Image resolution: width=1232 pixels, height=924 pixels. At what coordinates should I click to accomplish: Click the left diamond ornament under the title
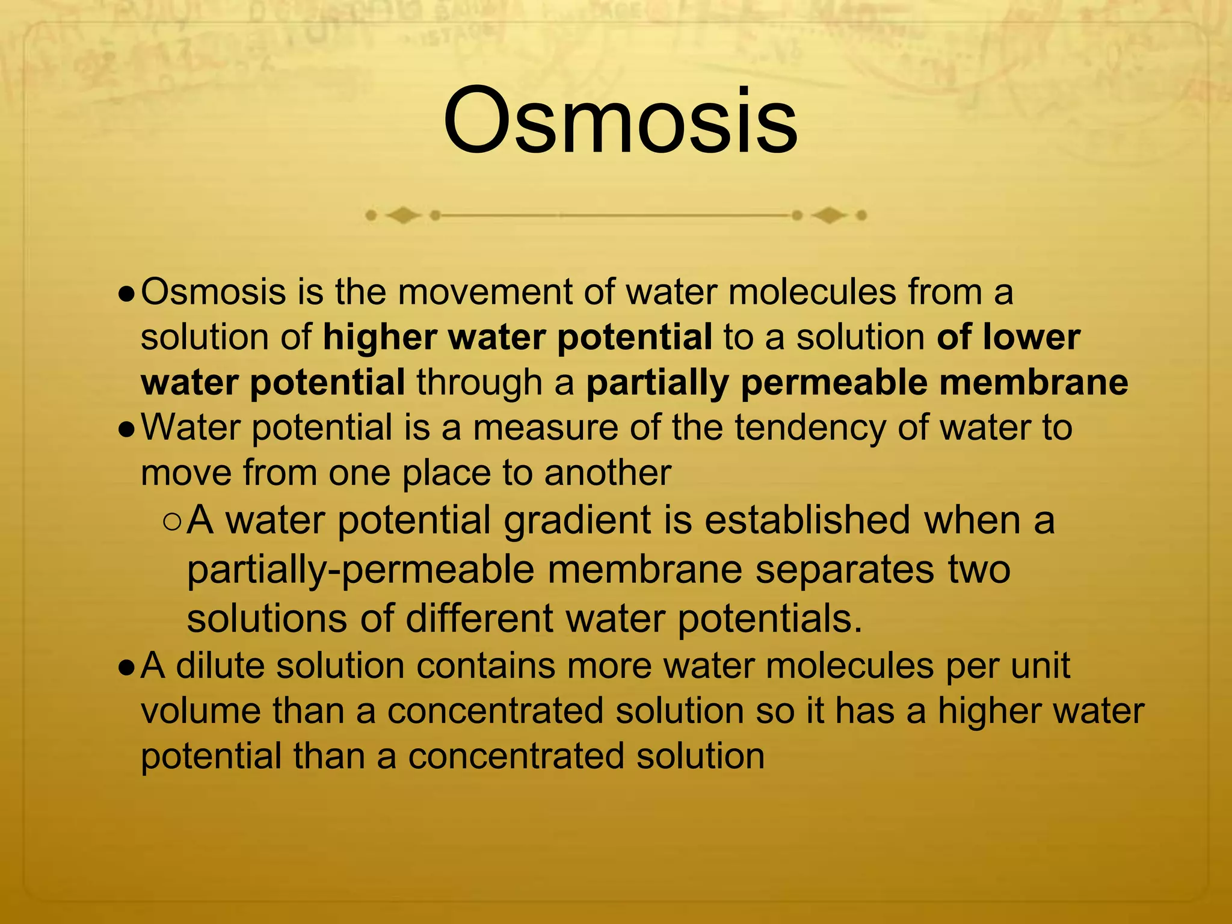click(x=402, y=215)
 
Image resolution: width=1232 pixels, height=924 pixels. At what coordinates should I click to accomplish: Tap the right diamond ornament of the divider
click(x=829, y=215)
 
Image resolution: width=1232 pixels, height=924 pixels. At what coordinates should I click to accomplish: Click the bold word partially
click(x=657, y=383)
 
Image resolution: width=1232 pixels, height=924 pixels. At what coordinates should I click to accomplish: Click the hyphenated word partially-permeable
click(x=360, y=570)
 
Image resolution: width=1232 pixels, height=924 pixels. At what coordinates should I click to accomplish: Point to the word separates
click(x=845, y=569)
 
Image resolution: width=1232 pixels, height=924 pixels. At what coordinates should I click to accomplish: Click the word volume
click(x=201, y=711)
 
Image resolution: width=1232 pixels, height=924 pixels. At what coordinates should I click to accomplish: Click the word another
click(x=607, y=473)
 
